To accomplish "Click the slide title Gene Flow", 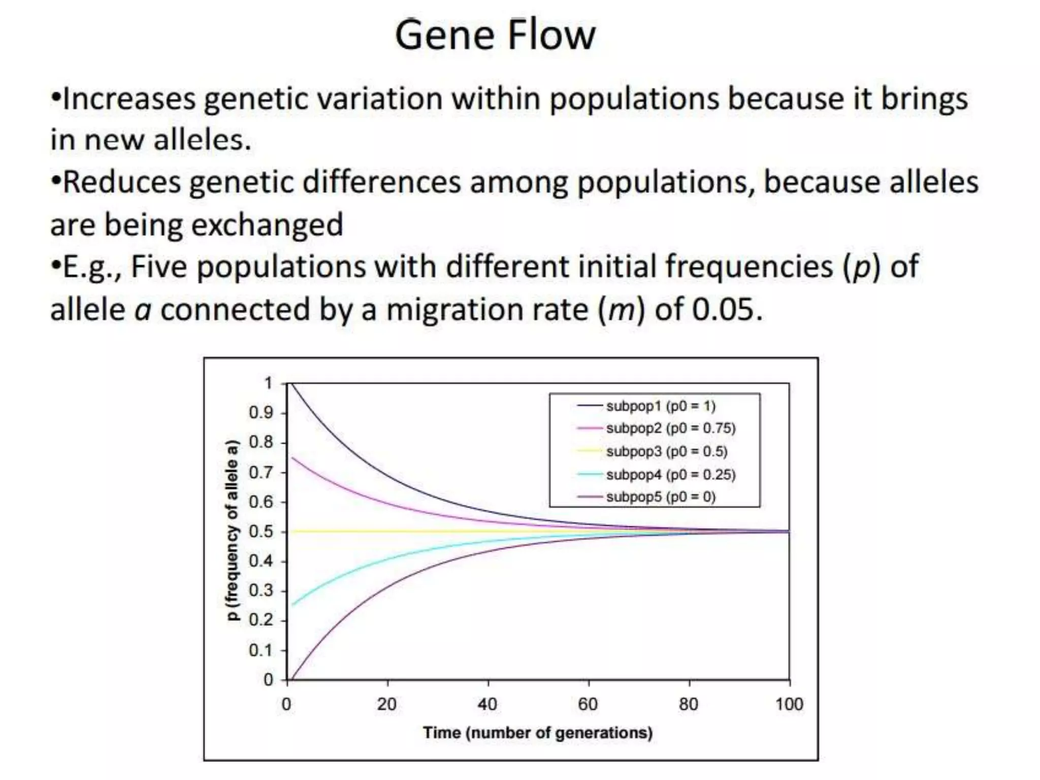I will [x=495, y=36].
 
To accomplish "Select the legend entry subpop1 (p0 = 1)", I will [x=660, y=406].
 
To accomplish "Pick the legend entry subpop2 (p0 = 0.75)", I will [x=670, y=429].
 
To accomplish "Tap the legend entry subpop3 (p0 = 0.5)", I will [x=666, y=451].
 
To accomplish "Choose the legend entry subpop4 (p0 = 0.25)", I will [x=670, y=475].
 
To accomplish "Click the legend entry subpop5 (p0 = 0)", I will [x=660, y=497].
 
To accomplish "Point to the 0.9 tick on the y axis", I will [x=261, y=413].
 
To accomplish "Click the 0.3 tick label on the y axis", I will [x=261, y=591].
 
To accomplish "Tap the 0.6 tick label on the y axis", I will [x=261, y=502].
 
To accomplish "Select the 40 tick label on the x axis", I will [x=487, y=705].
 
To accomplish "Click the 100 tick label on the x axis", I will [x=789, y=705].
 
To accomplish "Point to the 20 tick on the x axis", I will [x=387, y=705].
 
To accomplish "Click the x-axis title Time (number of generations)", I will [x=538, y=733].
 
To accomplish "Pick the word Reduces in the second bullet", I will [x=122, y=182].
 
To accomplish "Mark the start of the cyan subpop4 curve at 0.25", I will [x=293, y=605].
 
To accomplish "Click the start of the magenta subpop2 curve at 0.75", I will [x=293, y=458].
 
